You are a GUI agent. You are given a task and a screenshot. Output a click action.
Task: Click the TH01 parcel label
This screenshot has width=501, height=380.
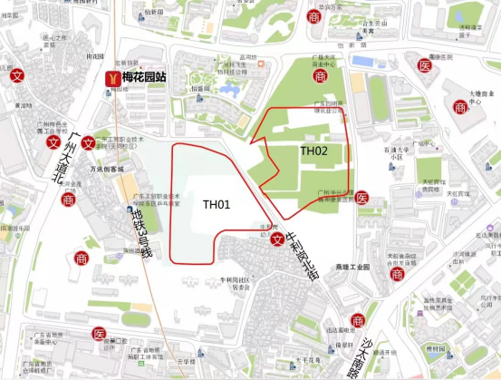click(217, 205)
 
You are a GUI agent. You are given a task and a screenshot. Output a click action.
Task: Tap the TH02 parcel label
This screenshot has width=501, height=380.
click(313, 151)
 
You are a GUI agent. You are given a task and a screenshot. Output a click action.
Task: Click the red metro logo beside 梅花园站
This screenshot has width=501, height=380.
click(112, 79)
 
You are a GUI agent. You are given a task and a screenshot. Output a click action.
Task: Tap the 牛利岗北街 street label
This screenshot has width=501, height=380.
click(303, 254)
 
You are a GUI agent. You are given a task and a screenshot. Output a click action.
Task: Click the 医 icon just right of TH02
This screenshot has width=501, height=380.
click(361, 197)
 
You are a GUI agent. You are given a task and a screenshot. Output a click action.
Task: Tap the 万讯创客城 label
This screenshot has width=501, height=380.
click(106, 170)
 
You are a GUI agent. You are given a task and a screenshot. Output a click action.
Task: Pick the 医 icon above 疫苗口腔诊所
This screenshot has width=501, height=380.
click(99, 334)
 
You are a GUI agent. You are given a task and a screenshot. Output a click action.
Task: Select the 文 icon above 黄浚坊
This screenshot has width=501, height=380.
click(16, 76)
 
